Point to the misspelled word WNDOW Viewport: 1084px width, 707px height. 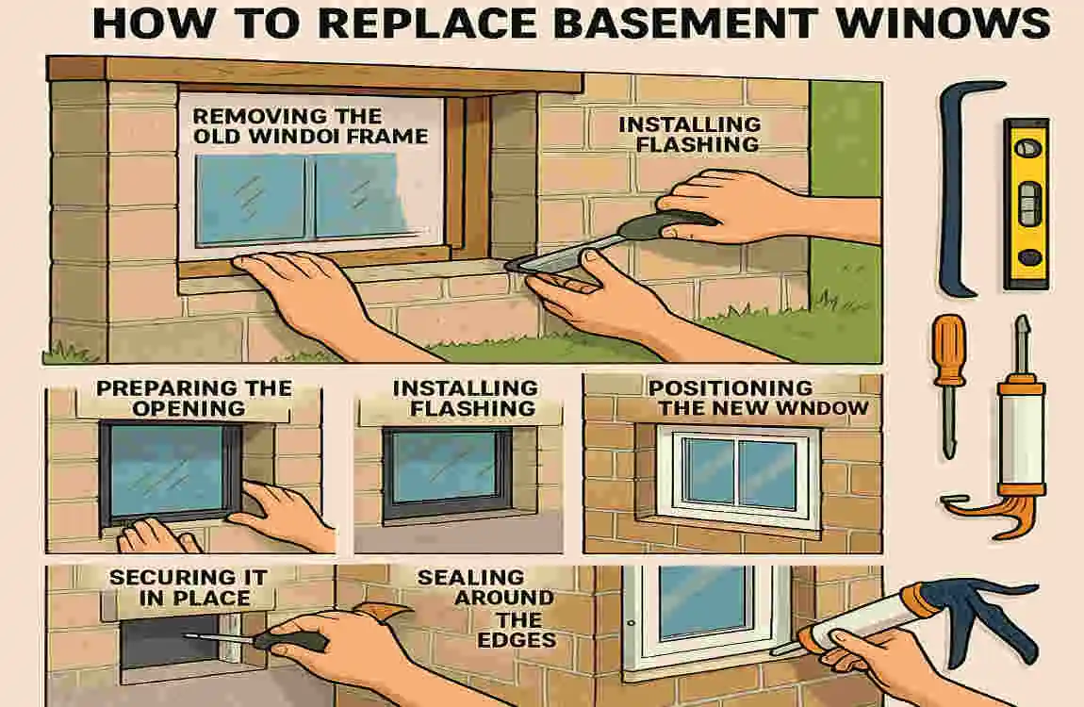pyautogui.click(x=812, y=408)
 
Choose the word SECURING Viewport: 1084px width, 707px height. pyautogui.click(x=162, y=577)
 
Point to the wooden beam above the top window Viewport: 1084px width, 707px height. pyautogui.click(x=311, y=73)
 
